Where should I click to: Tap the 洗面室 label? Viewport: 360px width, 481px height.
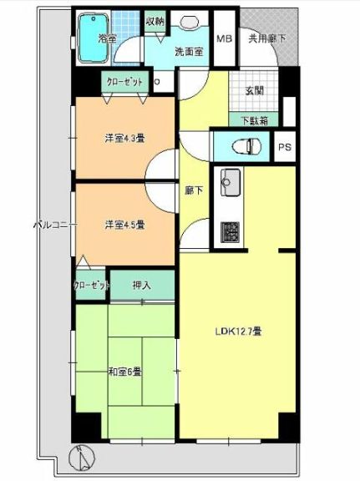click(x=188, y=51)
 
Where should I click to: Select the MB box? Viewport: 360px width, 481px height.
click(x=225, y=38)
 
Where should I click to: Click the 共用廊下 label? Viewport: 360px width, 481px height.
click(x=265, y=38)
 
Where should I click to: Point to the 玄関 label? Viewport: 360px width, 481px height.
click(x=254, y=92)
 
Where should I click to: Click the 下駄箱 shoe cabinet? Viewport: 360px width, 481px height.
click(x=254, y=119)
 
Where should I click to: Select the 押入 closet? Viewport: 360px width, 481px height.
click(x=142, y=286)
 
